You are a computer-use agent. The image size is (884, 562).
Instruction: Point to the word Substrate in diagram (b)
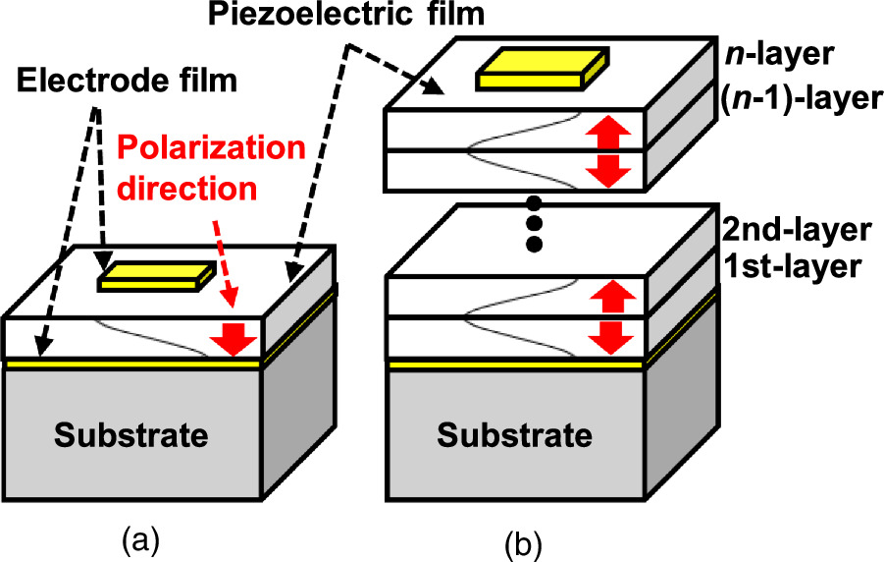point(514,433)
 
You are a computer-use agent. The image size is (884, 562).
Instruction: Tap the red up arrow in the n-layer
point(609,129)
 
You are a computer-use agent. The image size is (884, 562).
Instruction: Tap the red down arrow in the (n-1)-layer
point(609,170)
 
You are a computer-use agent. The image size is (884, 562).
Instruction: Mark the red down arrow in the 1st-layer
point(609,336)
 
